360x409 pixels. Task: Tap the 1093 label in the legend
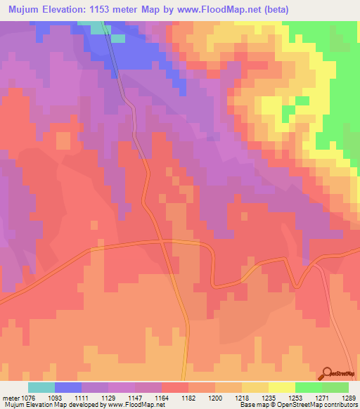64,398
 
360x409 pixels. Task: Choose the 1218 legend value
241,398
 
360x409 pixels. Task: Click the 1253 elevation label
295,398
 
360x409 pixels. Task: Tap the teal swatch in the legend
41,387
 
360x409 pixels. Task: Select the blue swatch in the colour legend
68,387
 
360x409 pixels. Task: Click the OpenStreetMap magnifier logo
327,374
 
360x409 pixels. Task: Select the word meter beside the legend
11,398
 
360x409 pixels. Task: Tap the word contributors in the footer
340,405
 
